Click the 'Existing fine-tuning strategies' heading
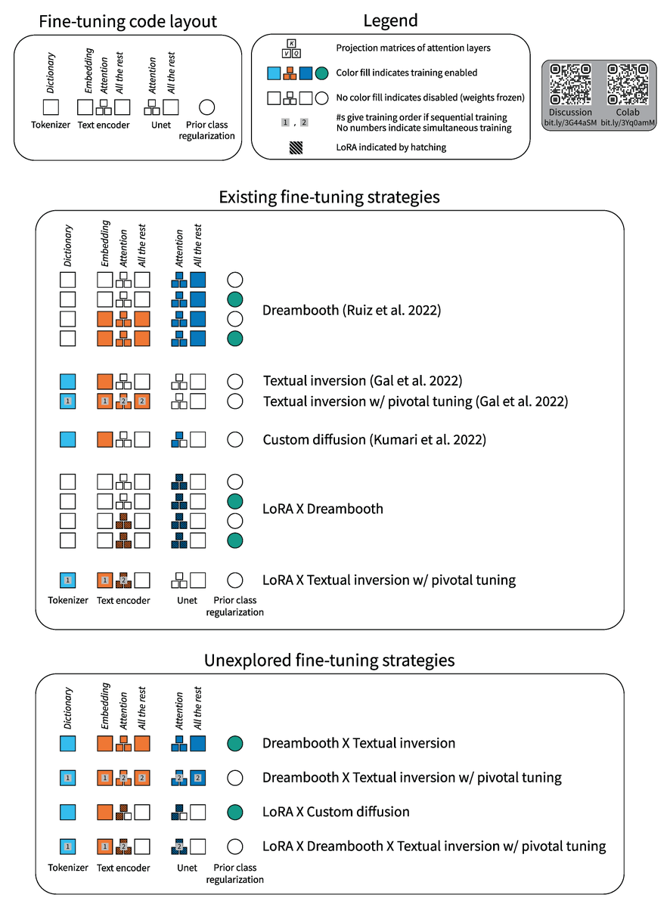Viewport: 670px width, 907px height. click(329, 197)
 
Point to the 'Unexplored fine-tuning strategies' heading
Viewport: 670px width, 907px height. click(329, 660)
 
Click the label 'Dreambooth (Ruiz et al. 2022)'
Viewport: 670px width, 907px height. click(352, 310)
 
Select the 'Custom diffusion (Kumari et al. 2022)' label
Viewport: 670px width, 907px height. click(374, 439)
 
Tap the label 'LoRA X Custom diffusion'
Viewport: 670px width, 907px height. click(336, 812)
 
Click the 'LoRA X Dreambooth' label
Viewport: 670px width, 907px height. click(323, 509)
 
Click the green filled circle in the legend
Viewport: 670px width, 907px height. click(321, 73)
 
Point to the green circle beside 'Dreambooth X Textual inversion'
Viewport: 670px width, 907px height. click(235, 744)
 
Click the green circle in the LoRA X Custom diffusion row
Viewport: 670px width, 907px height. click(235, 813)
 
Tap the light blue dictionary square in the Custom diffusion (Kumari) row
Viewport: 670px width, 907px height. click(68, 439)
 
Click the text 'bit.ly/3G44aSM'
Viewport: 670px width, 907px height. click(570, 122)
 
